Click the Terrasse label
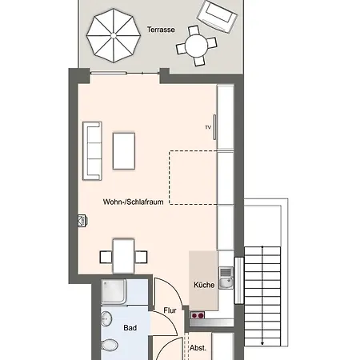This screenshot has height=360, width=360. [x=161, y=30]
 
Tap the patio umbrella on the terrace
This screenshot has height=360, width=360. [x=114, y=35]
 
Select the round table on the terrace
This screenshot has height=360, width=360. [x=196, y=46]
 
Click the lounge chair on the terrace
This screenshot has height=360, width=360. [x=217, y=17]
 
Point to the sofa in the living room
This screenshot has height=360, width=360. [x=92, y=151]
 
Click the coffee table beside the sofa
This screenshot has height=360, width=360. [x=124, y=151]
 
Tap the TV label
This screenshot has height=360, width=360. [x=208, y=127]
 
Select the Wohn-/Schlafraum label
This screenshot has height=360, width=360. [x=134, y=202]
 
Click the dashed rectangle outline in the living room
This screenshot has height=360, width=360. [x=170, y=178]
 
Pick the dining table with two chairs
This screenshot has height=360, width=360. [x=123, y=256]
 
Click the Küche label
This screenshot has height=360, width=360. [x=204, y=285]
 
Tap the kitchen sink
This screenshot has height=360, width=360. [x=226, y=278]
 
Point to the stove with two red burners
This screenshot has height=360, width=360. [x=198, y=315]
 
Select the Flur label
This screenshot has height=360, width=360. [x=170, y=310]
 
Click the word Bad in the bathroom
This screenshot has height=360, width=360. [x=130, y=328]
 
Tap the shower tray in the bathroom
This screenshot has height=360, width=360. [x=114, y=291]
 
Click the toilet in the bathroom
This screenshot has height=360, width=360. [x=110, y=346]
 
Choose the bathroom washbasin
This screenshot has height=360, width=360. [x=106, y=318]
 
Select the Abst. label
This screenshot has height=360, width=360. [x=198, y=348]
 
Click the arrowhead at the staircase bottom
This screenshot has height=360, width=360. [x=262, y=343]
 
